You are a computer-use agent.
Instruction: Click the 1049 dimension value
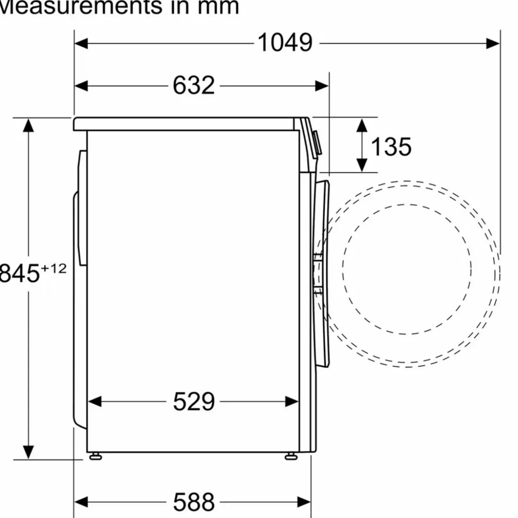285,43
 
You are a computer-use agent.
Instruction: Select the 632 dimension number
193,85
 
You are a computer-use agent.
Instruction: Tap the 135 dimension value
391,147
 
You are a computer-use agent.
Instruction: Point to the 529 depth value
194,401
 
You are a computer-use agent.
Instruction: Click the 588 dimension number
194,502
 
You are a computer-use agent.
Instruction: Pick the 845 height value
19,273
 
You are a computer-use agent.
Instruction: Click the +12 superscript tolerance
53,269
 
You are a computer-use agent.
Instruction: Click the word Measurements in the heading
81,7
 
